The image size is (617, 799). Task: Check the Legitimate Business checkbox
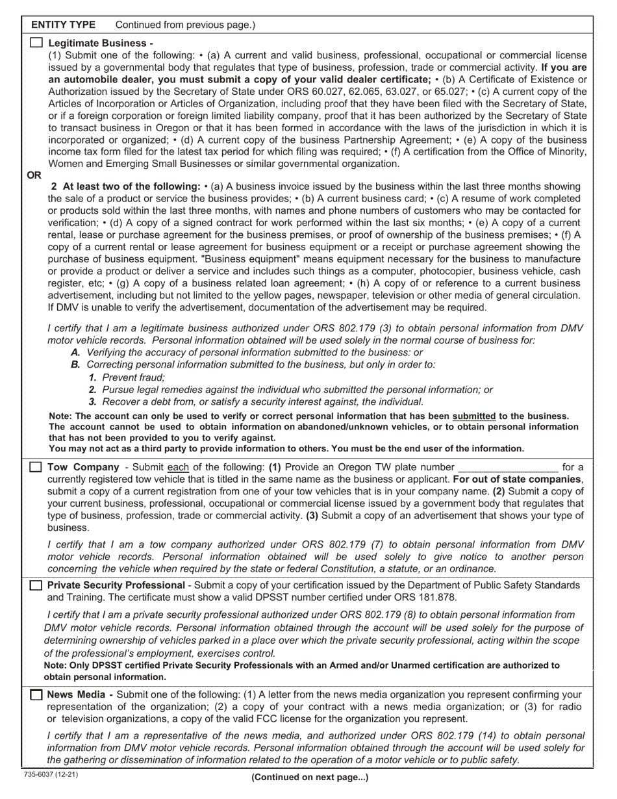tap(36, 43)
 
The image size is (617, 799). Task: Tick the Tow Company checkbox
tap(36, 467)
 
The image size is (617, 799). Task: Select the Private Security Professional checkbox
tap(36, 585)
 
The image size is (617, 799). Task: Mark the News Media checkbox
tap(36, 695)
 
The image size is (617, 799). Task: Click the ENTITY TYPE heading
tap(63, 25)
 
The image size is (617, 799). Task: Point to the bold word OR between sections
tap(34, 175)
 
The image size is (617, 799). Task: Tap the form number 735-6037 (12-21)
tap(47, 774)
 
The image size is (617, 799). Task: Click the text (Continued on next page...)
tap(309, 777)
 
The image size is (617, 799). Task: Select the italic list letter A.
tap(75, 352)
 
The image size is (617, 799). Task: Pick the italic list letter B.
tap(75, 364)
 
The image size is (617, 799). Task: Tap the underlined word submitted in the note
tap(474, 416)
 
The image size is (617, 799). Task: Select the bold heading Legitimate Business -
tap(101, 43)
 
